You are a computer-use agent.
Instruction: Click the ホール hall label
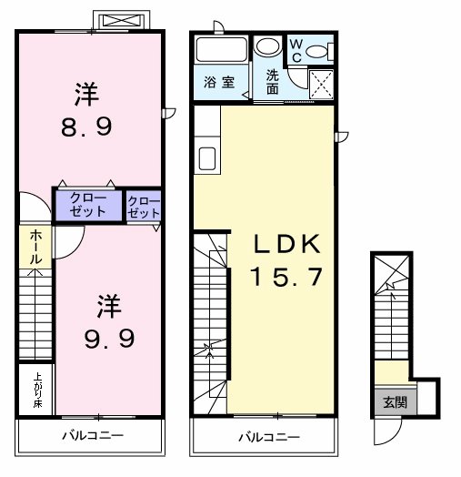[35, 246]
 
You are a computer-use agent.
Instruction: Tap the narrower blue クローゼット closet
[143, 207]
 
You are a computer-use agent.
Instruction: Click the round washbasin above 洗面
[268, 47]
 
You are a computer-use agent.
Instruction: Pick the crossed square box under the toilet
[320, 84]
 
